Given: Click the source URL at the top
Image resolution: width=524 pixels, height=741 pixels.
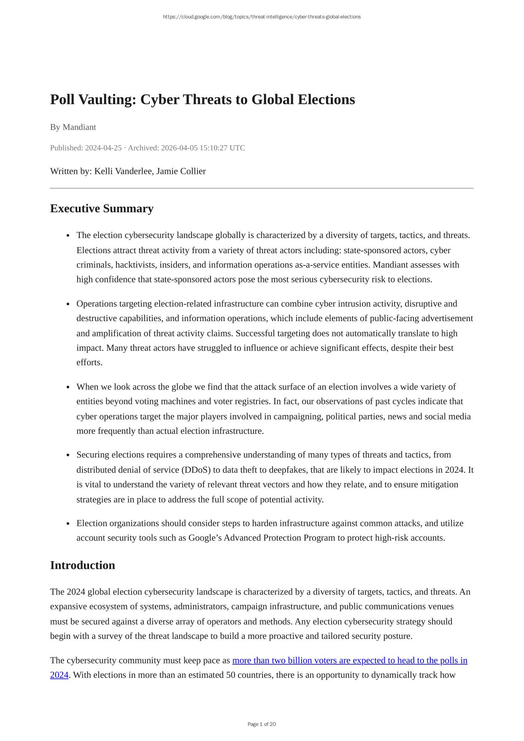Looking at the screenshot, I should coord(262,17).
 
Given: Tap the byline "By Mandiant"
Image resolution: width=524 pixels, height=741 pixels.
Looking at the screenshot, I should coord(73,127).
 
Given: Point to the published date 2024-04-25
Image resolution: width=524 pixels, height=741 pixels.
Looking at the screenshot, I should coord(103,148).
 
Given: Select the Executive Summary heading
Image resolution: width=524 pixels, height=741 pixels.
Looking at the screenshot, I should coord(102,208).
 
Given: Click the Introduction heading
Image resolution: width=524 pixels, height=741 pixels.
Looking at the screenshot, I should coord(82,565).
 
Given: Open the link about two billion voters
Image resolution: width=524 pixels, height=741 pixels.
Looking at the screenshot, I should coord(349,660).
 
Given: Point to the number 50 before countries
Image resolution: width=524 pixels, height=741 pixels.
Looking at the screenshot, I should coord(231,675).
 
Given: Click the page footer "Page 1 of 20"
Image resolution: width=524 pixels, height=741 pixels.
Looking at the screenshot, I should coord(262,724).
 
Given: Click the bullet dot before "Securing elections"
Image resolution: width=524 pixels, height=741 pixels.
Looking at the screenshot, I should coord(68,455).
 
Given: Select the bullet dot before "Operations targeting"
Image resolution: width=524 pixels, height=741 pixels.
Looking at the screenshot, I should coord(68,304).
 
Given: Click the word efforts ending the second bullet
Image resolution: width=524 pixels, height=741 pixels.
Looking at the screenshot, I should coord(89,362).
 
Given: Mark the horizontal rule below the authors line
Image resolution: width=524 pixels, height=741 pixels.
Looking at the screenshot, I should coord(262,188).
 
